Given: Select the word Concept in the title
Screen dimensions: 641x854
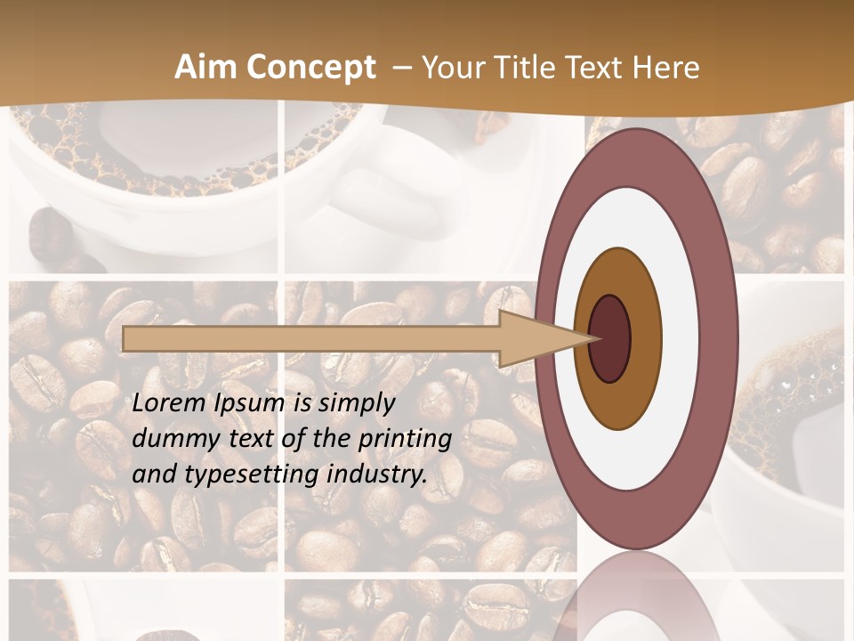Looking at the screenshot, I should coord(308,69).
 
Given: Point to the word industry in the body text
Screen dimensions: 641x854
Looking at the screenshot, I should coord(377,475).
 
